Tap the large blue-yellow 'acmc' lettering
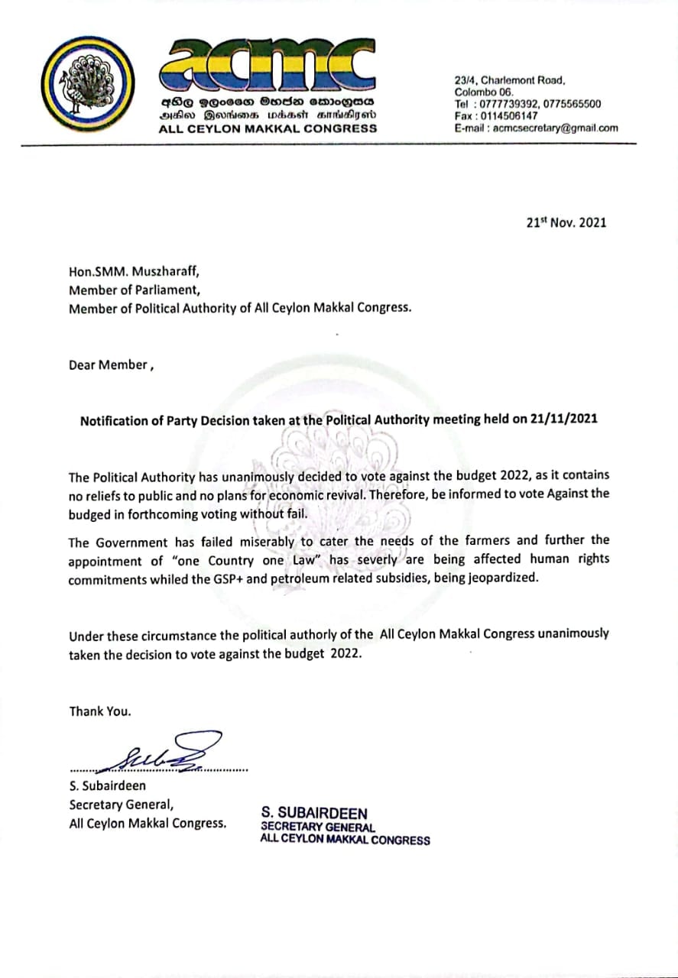[x=267, y=66]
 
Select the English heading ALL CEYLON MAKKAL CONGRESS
[x=268, y=128]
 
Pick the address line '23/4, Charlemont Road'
[x=509, y=79]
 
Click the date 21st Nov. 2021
[x=566, y=222]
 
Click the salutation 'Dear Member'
[x=108, y=364]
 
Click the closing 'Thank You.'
[x=100, y=711]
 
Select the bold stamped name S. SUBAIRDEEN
[x=314, y=813]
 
